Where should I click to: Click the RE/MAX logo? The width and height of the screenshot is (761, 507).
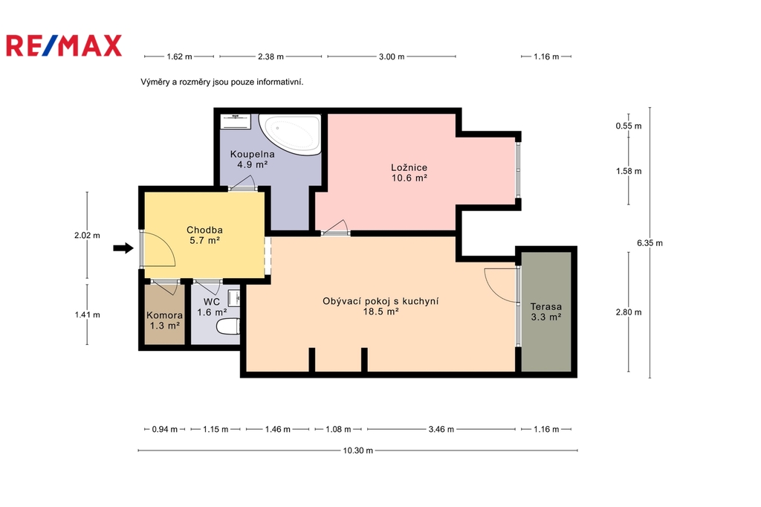pos(64,45)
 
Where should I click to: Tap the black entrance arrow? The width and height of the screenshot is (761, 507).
pos(123,248)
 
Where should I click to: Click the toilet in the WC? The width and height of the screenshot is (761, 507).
pos(227,326)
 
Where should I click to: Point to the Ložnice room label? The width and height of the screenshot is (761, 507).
pos(409,167)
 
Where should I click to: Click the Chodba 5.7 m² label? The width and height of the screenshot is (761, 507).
pos(205,235)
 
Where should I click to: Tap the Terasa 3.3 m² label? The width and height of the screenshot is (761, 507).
pos(546,311)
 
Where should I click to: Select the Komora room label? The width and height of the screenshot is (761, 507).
pos(164,315)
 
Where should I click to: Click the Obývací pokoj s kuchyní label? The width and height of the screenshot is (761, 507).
pos(380,301)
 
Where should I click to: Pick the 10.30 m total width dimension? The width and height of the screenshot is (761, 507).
pos(358,451)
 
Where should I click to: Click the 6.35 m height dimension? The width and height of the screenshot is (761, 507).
pos(650,243)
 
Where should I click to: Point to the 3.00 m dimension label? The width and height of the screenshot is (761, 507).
pos(392,56)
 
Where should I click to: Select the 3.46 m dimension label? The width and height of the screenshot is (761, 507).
pos(441,429)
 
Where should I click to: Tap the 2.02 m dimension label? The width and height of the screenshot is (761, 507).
pos(88,236)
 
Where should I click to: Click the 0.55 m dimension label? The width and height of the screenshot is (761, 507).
pos(629,126)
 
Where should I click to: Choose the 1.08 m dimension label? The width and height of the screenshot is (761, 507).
pos(338,429)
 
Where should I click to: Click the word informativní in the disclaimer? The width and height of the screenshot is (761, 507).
pos(280,82)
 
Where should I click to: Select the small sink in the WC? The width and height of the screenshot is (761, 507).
pos(234,297)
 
